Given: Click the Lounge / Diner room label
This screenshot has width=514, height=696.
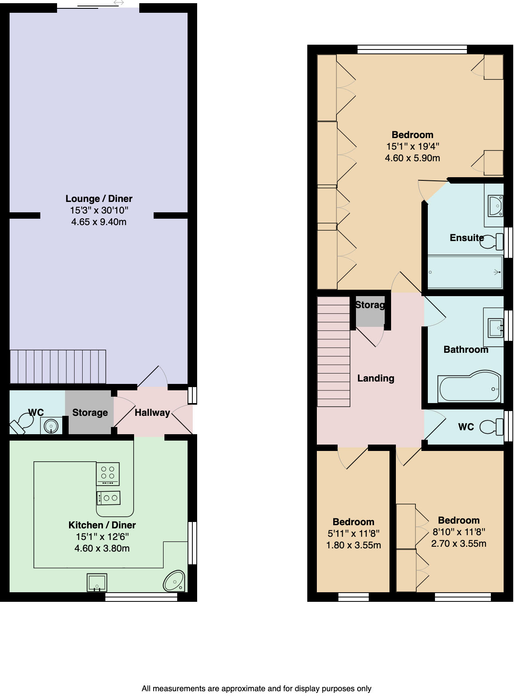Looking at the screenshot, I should pyautogui.click(x=99, y=198).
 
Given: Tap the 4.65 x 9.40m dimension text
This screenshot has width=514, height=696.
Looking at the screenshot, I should pyautogui.click(x=99, y=222).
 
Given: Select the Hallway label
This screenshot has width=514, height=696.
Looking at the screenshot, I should pyautogui.click(x=152, y=413).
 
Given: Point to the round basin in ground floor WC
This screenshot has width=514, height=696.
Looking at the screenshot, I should pyautogui.click(x=51, y=426).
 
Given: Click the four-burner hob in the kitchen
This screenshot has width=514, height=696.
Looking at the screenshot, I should pyautogui.click(x=108, y=473).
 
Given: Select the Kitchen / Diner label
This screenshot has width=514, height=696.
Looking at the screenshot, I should pyautogui.click(x=102, y=525).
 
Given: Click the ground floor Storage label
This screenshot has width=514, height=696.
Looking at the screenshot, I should pyautogui.click(x=90, y=413).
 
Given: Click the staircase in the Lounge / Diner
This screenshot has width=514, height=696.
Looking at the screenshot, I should pyautogui.click(x=58, y=366).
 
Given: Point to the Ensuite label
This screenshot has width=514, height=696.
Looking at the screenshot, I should pyautogui.click(x=467, y=238).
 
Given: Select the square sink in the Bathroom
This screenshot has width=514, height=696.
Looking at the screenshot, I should pyautogui.click(x=496, y=327).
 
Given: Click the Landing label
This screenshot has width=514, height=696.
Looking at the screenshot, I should pyautogui.click(x=376, y=378).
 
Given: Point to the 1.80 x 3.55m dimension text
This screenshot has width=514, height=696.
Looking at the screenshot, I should pyautogui.click(x=354, y=545).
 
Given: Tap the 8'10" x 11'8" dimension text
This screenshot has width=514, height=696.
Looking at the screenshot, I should pyautogui.click(x=459, y=532).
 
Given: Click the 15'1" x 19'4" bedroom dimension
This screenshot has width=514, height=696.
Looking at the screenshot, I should pyautogui.click(x=412, y=146).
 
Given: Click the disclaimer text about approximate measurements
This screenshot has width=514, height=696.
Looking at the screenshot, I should pyautogui.click(x=257, y=688).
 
